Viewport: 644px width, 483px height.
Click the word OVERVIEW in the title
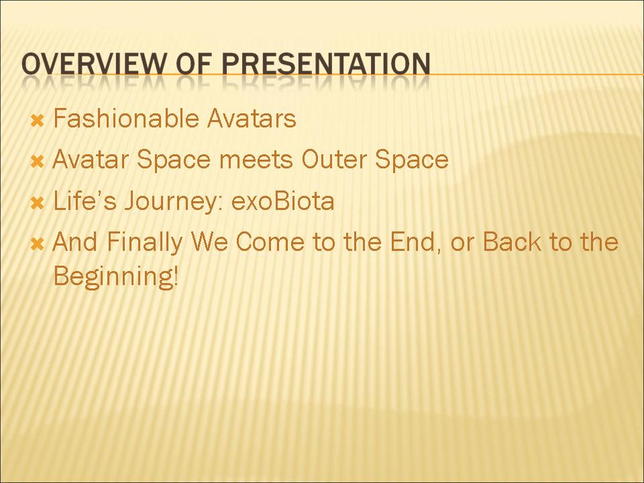pyautogui.click(x=94, y=64)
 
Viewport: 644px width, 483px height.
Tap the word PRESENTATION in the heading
pyautogui.click(x=326, y=64)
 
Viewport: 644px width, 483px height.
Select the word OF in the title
pyautogui.click(x=194, y=64)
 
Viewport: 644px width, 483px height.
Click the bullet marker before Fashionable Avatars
pyautogui.click(x=38, y=121)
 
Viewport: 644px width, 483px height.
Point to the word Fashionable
pyautogui.click(x=126, y=118)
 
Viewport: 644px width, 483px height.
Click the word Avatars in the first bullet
pyautogui.click(x=252, y=118)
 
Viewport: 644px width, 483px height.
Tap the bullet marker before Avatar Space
pyautogui.click(x=38, y=162)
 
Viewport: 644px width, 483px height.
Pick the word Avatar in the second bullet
pyautogui.click(x=91, y=159)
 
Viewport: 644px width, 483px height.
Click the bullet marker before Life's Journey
pyautogui.click(x=38, y=203)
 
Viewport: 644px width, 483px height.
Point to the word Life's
pyautogui.click(x=85, y=201)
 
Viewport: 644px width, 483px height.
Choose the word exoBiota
pyautogui.click(x=283, y=201)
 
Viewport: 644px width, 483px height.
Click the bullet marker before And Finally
pyautogui.click(x=38, y=244)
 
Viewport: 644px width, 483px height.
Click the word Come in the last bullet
pyautogui.click(x=270, y=241)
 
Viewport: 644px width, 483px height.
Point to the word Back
pyautogui.click(x=512, y=241)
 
